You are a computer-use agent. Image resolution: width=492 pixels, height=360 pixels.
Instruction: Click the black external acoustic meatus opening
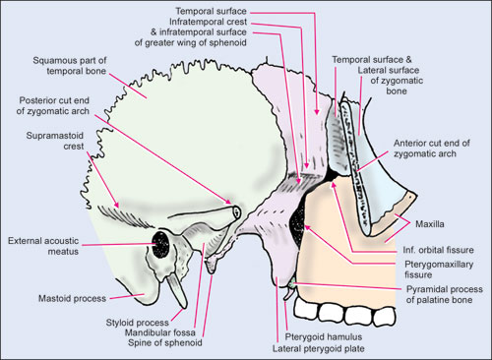160,244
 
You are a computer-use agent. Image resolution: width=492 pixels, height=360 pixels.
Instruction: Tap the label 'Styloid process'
137,323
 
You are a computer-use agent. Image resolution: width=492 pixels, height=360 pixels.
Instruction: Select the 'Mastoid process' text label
72,299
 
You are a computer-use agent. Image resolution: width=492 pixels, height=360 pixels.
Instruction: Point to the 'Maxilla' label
430,224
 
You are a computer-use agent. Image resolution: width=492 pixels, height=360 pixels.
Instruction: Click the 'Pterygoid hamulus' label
324,337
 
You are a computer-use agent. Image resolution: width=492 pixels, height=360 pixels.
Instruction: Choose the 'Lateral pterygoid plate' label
318,348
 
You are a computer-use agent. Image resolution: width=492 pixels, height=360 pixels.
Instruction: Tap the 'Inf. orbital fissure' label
438,250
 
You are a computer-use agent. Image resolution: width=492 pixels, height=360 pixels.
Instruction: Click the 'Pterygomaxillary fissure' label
439,270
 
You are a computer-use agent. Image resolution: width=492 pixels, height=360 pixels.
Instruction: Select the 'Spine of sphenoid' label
164,343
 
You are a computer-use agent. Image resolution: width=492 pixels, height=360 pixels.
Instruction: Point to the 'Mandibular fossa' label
160,332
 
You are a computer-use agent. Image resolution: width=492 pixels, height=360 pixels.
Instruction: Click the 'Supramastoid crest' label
55,141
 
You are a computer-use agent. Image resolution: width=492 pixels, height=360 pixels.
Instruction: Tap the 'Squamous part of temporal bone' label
70,66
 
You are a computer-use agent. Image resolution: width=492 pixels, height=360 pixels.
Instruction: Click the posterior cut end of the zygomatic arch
237,212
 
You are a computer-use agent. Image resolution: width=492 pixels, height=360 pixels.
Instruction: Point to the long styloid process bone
177,292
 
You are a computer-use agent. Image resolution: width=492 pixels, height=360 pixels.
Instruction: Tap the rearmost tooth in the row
305,309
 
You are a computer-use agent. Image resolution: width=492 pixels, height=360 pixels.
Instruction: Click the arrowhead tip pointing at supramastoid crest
118,207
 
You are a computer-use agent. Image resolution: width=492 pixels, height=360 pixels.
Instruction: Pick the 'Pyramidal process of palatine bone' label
444,294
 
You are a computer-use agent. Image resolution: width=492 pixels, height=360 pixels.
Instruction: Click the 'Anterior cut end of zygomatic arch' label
432,149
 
